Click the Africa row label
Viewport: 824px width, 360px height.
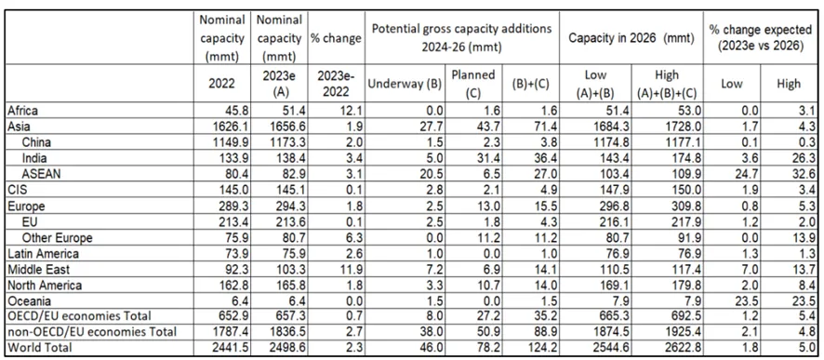(23, 111)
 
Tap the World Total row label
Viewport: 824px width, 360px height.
(40, 347)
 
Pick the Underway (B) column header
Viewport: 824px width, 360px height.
(405, 84)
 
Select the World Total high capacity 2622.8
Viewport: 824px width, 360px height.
(681, 347)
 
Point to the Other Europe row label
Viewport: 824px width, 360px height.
(58, 238)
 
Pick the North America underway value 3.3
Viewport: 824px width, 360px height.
(437, 286)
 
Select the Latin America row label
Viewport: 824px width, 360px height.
(44, 254)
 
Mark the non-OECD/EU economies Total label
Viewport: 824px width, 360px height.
(92, 331)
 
